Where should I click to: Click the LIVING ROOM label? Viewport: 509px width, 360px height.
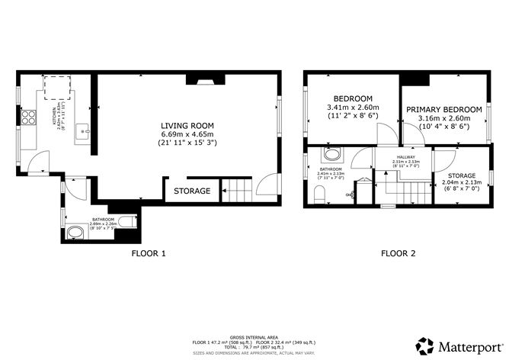(187, 125)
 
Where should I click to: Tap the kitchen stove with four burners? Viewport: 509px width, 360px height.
(29, 117)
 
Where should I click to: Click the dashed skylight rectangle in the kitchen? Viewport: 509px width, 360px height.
(57, 88)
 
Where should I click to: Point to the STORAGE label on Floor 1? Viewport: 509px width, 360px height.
(192, 191)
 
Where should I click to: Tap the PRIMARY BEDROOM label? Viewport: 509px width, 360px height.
(443, 109)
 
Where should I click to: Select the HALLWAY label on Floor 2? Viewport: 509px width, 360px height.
(405, 156)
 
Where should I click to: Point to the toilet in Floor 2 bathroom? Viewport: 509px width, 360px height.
(321, 195)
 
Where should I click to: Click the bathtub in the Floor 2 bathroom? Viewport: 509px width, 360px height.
(332, 156)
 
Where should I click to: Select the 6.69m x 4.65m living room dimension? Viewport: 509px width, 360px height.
(187, 134)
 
